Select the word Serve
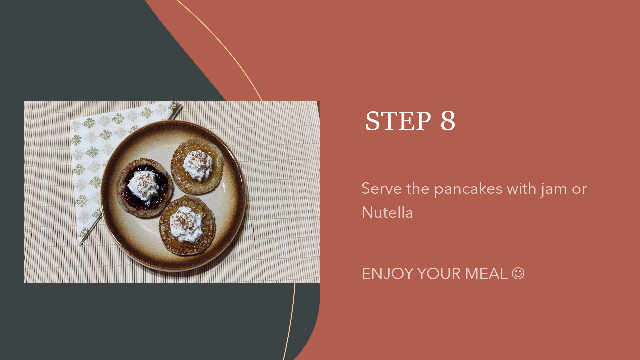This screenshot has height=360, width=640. tap(382, 189)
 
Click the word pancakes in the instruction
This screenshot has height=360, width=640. tap(468, 189)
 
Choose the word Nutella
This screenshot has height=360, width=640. tap(387, 212)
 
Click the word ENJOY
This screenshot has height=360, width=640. tap(388, 274)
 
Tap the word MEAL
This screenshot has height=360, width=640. tap(486, 274)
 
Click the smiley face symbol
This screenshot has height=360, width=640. tap(518, 274)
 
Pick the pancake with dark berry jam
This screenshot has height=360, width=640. tap(145, 187)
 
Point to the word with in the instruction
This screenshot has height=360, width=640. tap(521, 189)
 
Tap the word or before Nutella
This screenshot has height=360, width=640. tap(579, 190)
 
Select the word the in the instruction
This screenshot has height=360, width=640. tap(418, 189)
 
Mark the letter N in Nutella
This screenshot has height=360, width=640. tap(367, 212)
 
